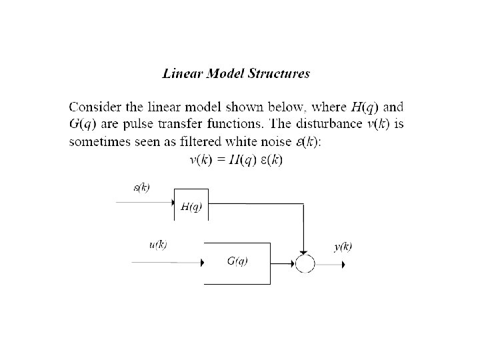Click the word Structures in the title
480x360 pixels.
[x=280, y=74]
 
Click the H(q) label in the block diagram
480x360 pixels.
[x=191, y=207]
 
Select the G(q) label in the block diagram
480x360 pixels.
[x=237, y=261]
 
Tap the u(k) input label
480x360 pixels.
[x=157, y=245]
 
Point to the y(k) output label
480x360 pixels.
[x=343, y=246]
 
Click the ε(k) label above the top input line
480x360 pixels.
[x=141, y=187]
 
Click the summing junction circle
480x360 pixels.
[x=304, y=264]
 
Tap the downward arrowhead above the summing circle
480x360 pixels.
[x=304, y=251]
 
